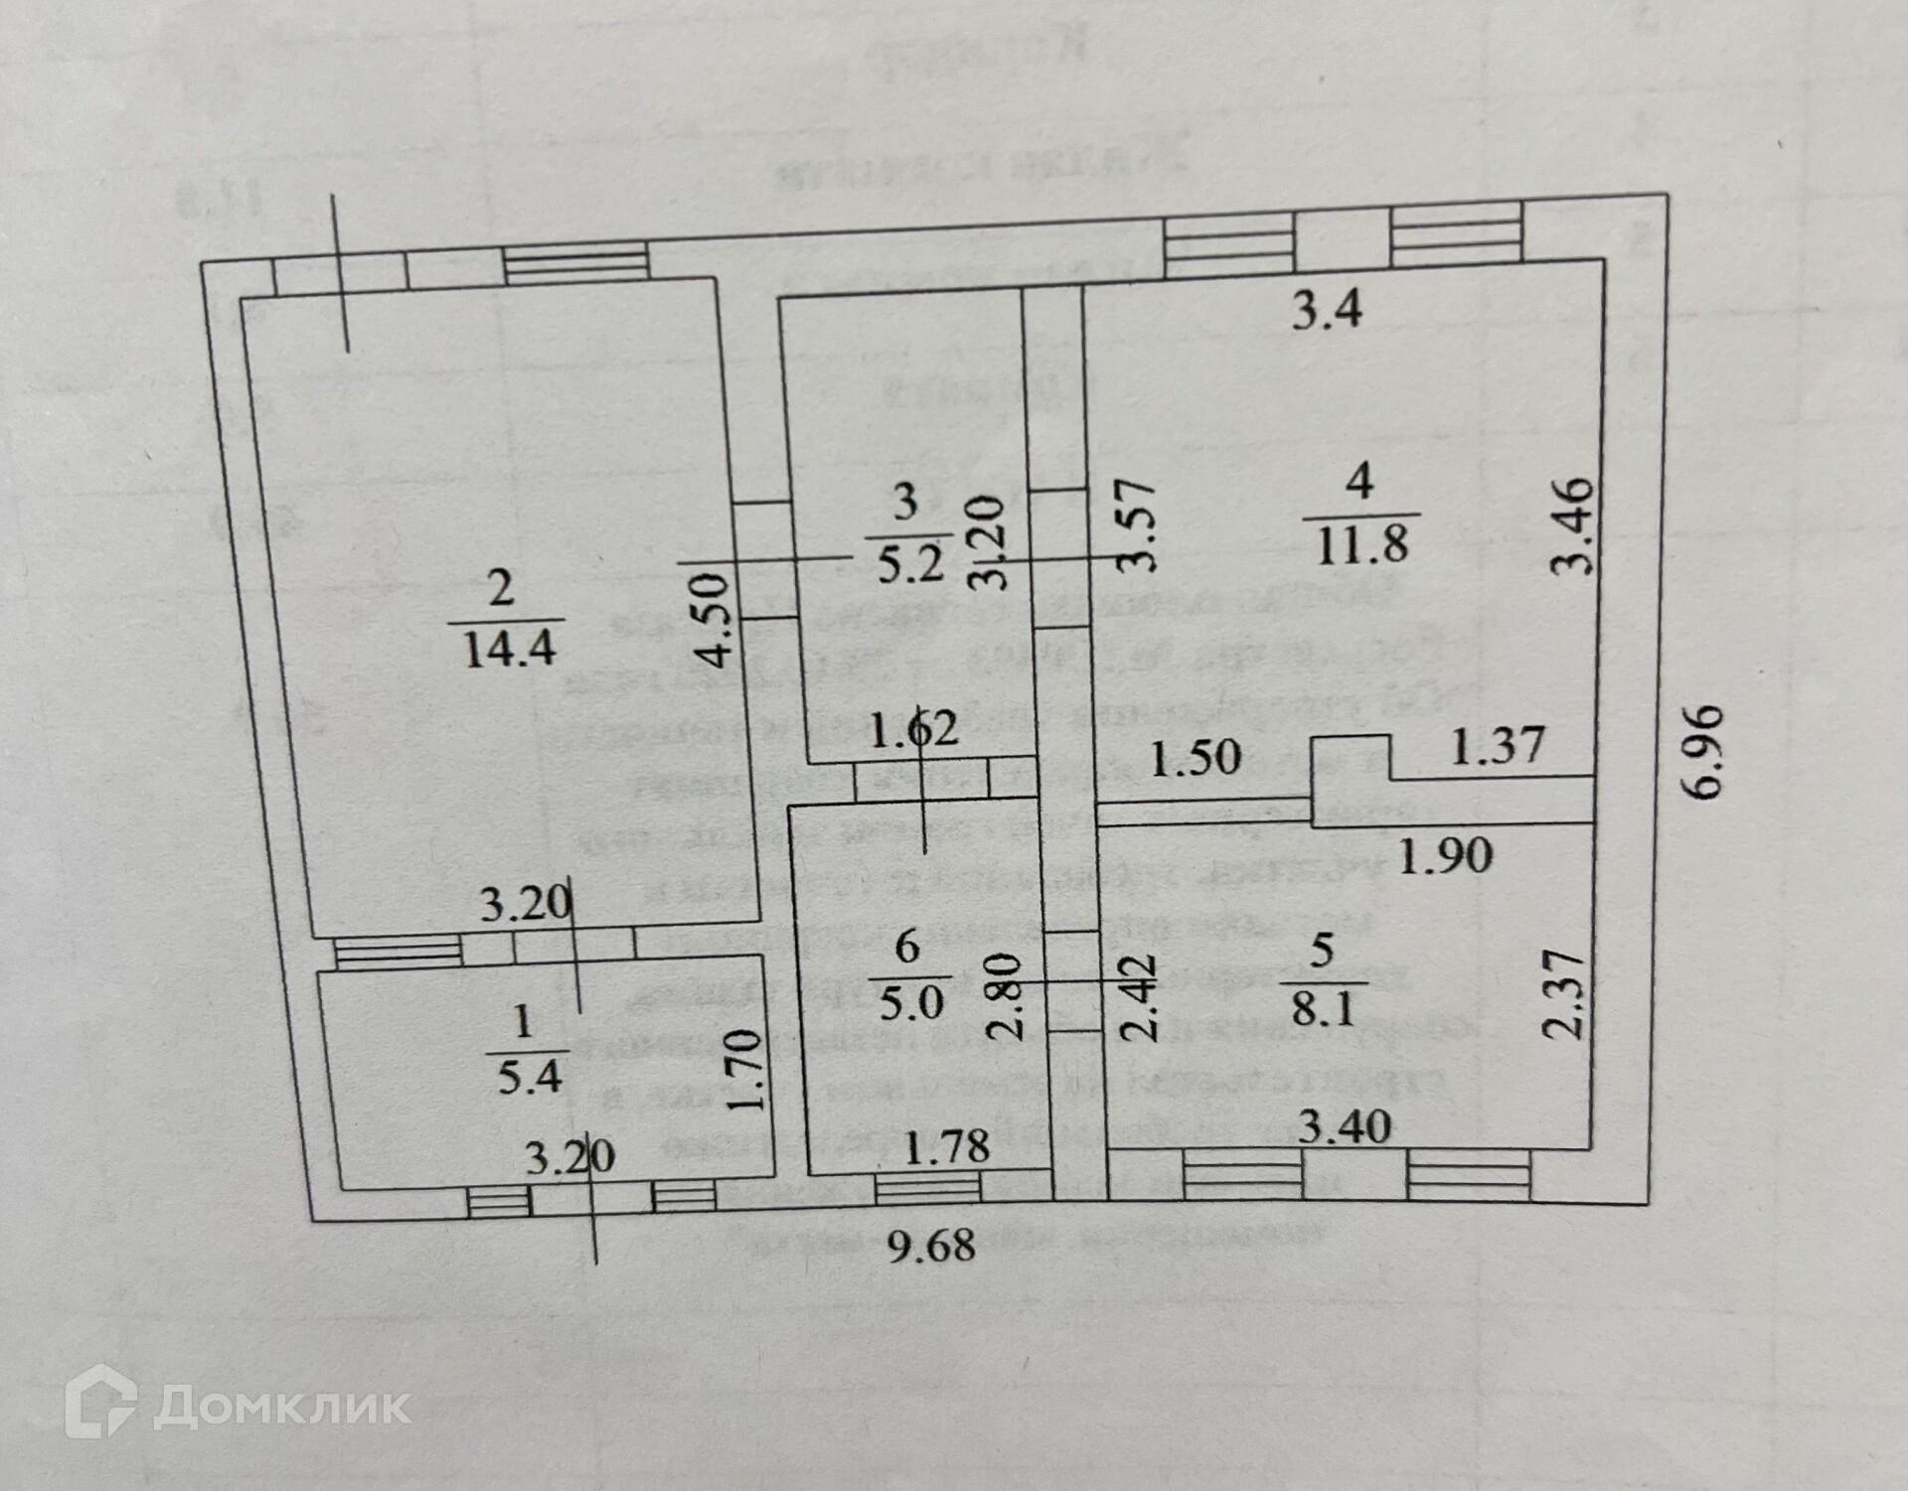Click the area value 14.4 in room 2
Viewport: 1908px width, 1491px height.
pyautogui.click(x=507, y=651)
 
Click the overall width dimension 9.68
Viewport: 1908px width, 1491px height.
pyautogui.click(x=931, y=1244)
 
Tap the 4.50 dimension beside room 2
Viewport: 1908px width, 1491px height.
pyautogui.click(x=716, y=617)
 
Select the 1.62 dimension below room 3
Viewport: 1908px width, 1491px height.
pyautogui.click(x=913, y=730)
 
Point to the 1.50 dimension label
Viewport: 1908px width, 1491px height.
pyautogui.click(x=1196, y=758)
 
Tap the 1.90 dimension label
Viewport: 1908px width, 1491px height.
pyautogui.click(x=1446, y=854)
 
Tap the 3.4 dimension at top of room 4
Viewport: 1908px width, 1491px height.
pyautogui.click(x=1327, y=311)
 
